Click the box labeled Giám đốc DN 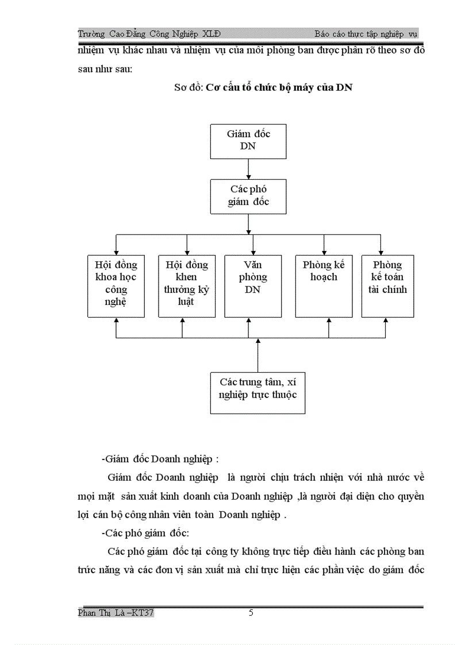tap(248, 140)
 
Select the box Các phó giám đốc tap(248, 196)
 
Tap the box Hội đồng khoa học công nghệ tap(116, 285)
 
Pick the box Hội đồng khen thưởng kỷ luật tap(187, 285)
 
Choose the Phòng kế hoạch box tap(324, 285)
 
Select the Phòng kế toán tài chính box tap(387, 285)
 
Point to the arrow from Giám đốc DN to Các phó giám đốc tap(248, 169)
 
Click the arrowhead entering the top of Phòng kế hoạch tap(324, 252)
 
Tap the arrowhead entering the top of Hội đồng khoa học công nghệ tap(116, 252)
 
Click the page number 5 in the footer tap(251, 613)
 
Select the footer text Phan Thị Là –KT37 tap(116, 613)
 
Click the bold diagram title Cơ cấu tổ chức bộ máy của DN tap(279, 88)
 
